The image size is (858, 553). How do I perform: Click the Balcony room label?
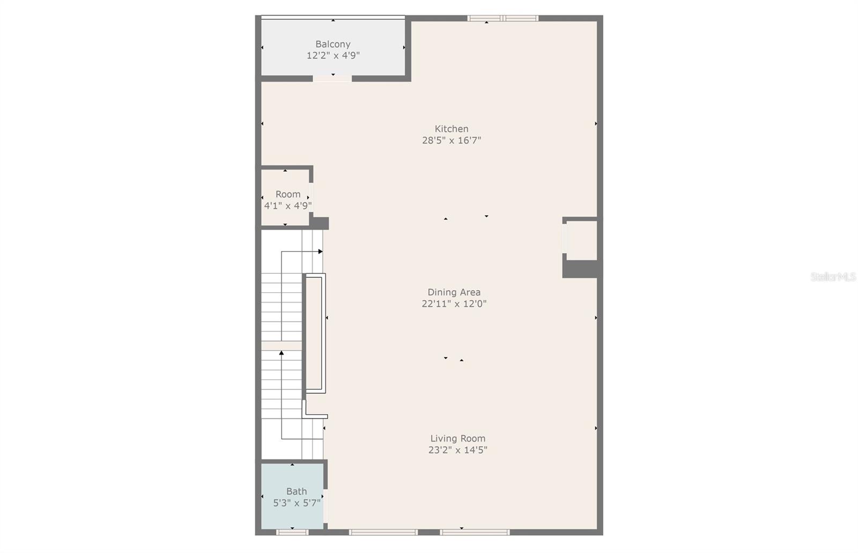coord(332,44)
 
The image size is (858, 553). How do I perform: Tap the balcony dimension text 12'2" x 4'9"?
coord(332,55)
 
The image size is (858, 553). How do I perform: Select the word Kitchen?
coord(452,129)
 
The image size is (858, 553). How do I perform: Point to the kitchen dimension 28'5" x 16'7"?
coord(452,141)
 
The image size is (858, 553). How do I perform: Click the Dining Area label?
coord(454,292)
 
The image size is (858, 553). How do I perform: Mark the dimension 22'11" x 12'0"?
coord(454,304)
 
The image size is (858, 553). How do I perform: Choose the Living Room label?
coord(457,439)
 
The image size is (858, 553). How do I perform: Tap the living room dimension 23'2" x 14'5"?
coord(457,450)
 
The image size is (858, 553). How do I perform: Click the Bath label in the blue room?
coord(297,491)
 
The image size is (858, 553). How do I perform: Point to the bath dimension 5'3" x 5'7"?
coord(297,503)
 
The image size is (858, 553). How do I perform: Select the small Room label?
coord(288,194)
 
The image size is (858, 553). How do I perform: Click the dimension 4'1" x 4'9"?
coord(288,205)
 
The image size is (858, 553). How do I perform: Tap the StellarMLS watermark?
coord(833,277)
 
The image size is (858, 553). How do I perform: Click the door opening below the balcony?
coord(332,78)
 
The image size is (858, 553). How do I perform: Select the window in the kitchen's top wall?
coord(502,18)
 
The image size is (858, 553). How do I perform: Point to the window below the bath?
coord(292,532)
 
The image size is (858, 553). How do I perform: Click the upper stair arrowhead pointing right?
coord(320,251)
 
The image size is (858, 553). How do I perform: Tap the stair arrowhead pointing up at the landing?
coord(282,353)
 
